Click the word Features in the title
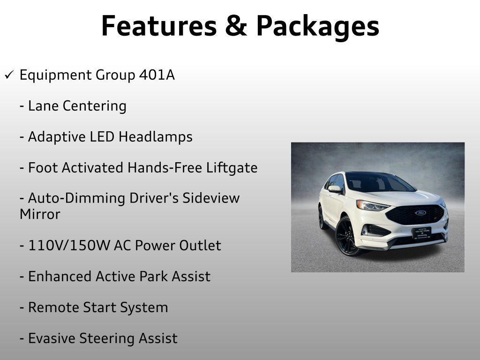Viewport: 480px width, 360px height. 159,26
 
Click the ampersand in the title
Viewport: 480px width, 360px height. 236,26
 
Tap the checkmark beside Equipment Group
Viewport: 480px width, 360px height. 9,75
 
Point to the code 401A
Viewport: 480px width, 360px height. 157,75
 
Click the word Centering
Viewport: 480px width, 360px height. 95,106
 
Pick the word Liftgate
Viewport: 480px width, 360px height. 232,168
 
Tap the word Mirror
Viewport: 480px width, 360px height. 40,214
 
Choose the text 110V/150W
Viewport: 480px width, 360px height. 69,246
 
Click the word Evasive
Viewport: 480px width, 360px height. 51,338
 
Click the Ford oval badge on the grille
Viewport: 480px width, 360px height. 420,213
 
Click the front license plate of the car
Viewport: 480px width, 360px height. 421,233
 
